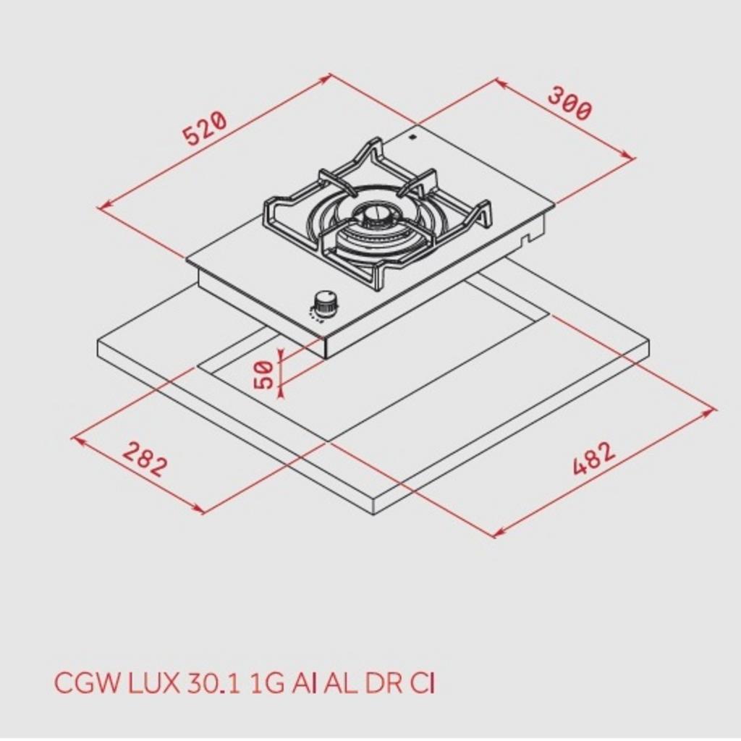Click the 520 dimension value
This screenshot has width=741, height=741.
click(x=205, y=129)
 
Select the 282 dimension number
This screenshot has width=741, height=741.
click(x=145, y=459)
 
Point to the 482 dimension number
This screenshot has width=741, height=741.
click(x=594, y=458)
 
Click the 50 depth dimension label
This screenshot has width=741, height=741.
click(x=266, y=373)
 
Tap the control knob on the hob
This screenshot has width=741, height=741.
click(x=326, y=302)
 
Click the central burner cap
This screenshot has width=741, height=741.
click(x=376, y=213)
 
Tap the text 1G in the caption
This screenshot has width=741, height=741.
click(x=269, y=683)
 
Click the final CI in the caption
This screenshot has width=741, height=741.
click(x=423, y=683)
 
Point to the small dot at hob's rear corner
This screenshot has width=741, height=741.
click(x=412, y=137)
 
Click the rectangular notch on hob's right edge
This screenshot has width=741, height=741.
click(x=532, y=235)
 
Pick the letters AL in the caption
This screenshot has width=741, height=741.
click(x=336, y=683)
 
